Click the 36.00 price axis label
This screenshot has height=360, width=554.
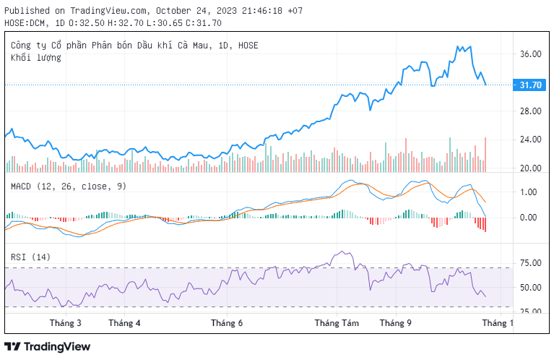[x=530, y=54]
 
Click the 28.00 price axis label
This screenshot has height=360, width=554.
[x=530, y=111]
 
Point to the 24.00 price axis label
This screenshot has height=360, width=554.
[x=530, y=140]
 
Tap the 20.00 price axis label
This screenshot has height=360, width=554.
[x=530, y=168]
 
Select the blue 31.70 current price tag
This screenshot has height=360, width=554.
[x=530, y=85]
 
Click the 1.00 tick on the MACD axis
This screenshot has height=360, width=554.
[x=528, y=192]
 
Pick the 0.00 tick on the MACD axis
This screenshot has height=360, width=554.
[x=528, y=218]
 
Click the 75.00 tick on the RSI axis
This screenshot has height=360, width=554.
[x=530, y=263]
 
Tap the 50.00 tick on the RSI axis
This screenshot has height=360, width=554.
[x=530, y=288]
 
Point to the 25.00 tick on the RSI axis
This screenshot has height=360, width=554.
[x=530, y=312]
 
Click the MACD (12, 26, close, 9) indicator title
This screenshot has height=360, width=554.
[x=68, y=187]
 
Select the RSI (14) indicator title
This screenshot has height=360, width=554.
[x=30, y=257]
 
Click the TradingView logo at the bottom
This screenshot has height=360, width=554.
[x=48, y=347]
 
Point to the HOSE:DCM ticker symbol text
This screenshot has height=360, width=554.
[x=26, y=23]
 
